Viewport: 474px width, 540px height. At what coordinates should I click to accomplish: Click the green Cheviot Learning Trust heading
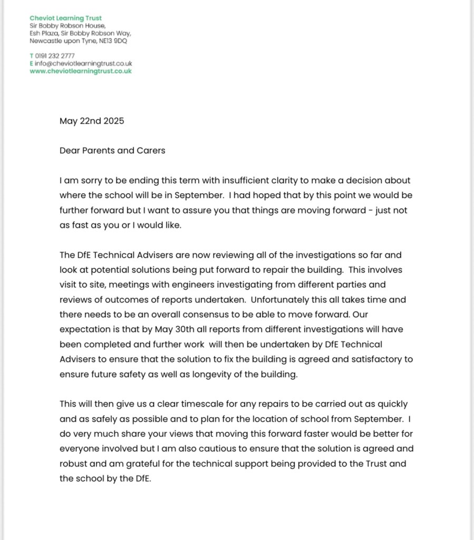coord(65,18)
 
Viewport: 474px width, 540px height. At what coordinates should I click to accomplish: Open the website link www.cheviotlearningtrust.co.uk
coord(81,71)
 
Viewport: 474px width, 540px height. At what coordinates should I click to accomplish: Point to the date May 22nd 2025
coord(92,121)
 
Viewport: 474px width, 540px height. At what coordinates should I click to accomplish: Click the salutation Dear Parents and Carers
coord(112,150)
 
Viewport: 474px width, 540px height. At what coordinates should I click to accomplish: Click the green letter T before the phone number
coord(32,55)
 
